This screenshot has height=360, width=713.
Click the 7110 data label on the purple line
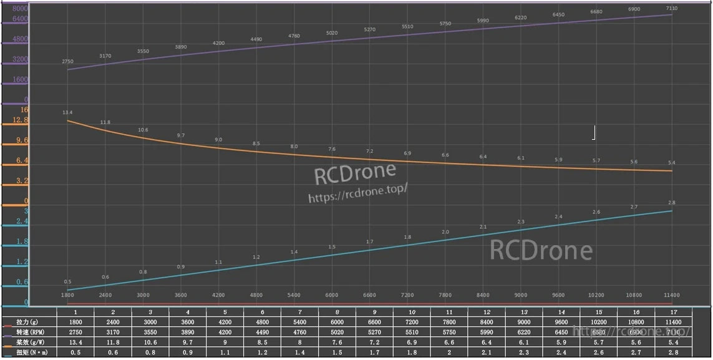(671, 9)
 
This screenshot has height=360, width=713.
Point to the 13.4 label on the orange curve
(67, 112)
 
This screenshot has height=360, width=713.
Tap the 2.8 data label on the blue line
(671, 203)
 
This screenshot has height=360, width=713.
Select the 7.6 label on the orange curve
(332, 149)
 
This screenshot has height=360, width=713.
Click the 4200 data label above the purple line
(218, 43)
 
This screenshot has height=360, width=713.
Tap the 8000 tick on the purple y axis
(21, 9)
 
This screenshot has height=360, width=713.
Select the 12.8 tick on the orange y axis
(21, 120)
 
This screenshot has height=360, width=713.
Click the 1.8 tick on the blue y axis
(22, 241)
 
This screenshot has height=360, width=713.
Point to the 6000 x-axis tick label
(332, 295)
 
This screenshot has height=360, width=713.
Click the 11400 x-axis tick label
(671, 295)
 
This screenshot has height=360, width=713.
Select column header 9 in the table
(374, 312)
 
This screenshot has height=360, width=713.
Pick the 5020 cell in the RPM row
(337, 332)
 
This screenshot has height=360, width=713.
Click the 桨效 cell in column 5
(225, 343)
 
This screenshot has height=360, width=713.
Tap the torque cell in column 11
(449, 353)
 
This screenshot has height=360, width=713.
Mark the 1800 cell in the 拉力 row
(75, 322)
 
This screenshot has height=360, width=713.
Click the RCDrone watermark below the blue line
(541, 251)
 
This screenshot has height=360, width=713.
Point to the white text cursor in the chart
(594, 132)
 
